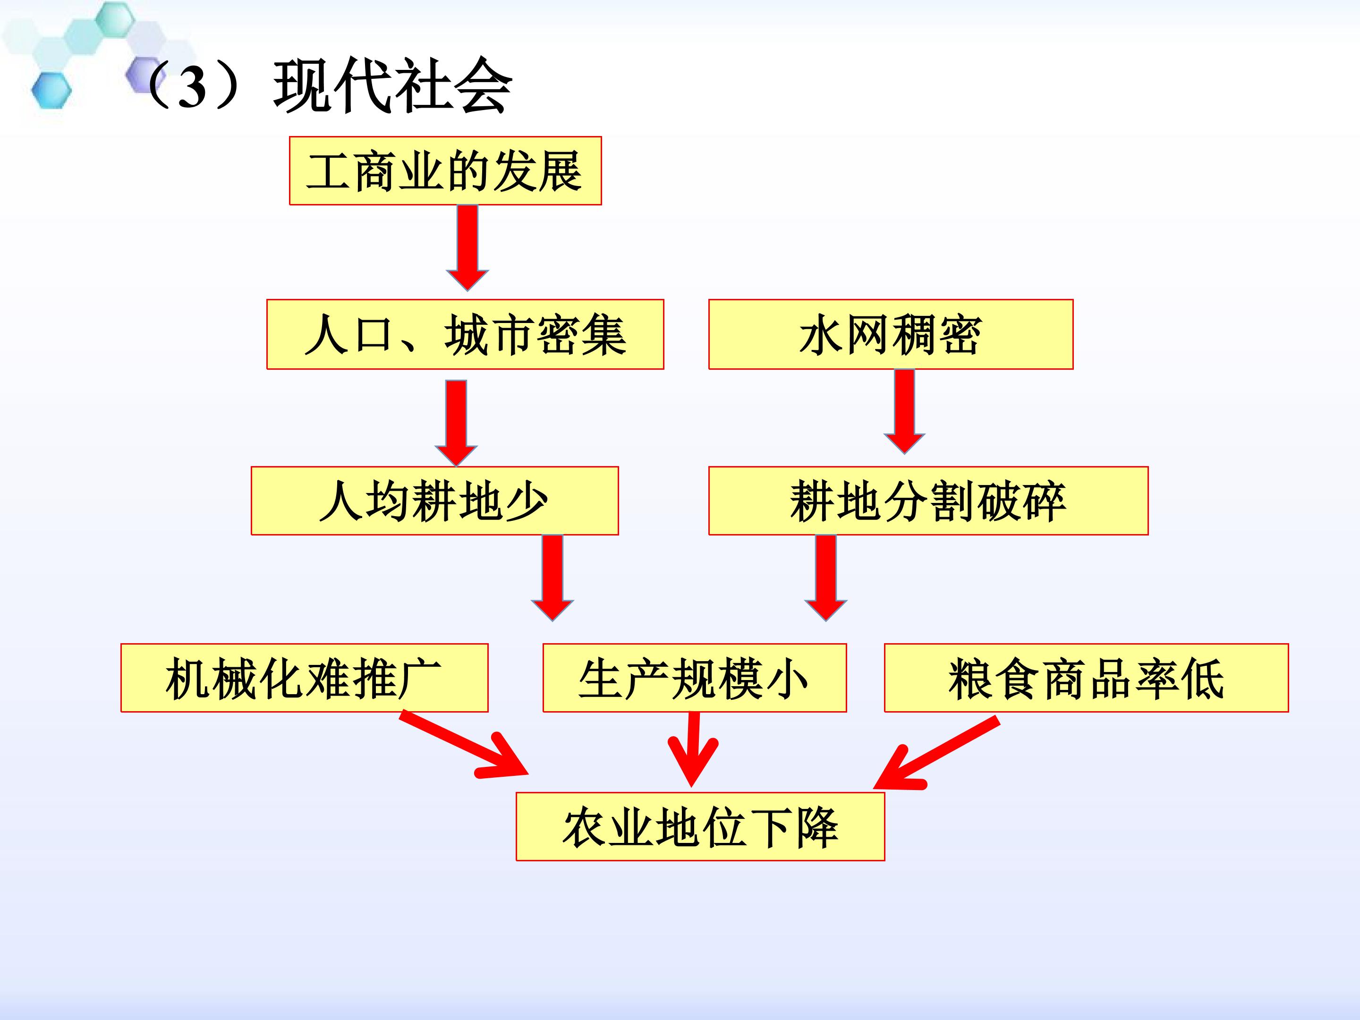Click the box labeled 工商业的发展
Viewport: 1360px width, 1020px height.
coord(445,171)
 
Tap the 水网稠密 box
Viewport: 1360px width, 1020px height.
coord(891,334)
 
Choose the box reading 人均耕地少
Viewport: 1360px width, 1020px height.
coord(435,501)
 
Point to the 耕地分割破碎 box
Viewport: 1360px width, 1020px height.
coord(928,501)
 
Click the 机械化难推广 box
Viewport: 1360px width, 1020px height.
coord(304,678)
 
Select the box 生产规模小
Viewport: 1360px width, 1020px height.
coord(694,678)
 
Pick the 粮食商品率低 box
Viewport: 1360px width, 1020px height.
coord(1087,678)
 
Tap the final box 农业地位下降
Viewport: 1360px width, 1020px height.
coord(700,826)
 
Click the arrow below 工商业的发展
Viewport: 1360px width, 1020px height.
coord(467,248)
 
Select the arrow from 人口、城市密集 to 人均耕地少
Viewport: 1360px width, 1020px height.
coord(456,423)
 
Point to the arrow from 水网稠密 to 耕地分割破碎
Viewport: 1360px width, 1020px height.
coord(904,411)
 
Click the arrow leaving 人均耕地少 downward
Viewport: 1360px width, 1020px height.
coord(552,578)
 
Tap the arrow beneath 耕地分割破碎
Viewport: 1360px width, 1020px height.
coord(826,578)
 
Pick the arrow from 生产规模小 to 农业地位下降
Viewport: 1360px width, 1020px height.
coord(693,749)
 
